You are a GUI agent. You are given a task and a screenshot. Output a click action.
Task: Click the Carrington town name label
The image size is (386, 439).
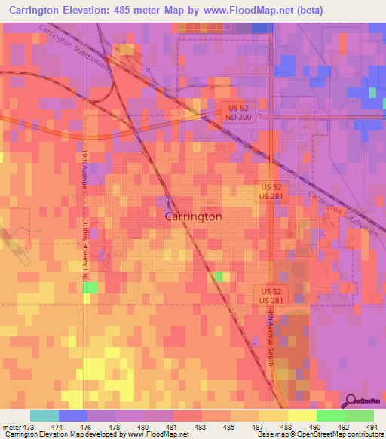(x=193, y=216)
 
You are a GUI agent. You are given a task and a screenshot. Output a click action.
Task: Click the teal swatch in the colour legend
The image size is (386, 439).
(x=44, y=416)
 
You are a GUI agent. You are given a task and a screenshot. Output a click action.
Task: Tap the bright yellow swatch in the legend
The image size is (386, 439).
(x=302, y=416)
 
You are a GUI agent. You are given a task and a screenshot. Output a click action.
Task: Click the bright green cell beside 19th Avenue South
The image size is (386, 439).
(x=90, y=287)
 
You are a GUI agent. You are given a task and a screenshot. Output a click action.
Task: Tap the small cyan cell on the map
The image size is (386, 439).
(x=372, y=92)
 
